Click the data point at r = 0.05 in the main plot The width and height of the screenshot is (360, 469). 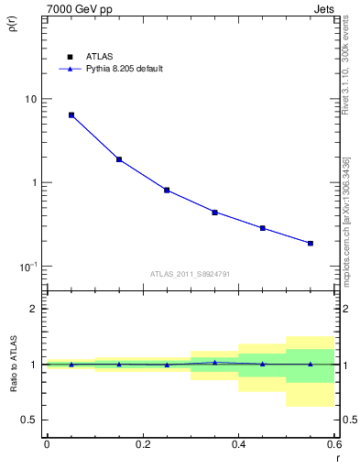click(71, 115)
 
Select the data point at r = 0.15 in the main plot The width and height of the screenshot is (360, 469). click(119, 159)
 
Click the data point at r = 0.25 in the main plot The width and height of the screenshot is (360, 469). click(167, 191)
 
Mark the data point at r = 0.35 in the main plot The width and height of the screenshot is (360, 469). click(214, 212)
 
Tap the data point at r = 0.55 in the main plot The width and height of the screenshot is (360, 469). click(311, 243)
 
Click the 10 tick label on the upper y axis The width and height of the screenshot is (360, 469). click(30, 99)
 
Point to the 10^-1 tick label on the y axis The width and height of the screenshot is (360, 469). click(28, 267)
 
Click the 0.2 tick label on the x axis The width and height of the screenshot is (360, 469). click(142, 444)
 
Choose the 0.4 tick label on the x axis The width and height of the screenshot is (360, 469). click(238, 444)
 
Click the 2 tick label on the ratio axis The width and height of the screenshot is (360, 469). click(35, 309)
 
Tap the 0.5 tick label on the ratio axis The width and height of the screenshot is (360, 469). click(30, 420)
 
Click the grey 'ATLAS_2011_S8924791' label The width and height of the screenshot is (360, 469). click(190, 273)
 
